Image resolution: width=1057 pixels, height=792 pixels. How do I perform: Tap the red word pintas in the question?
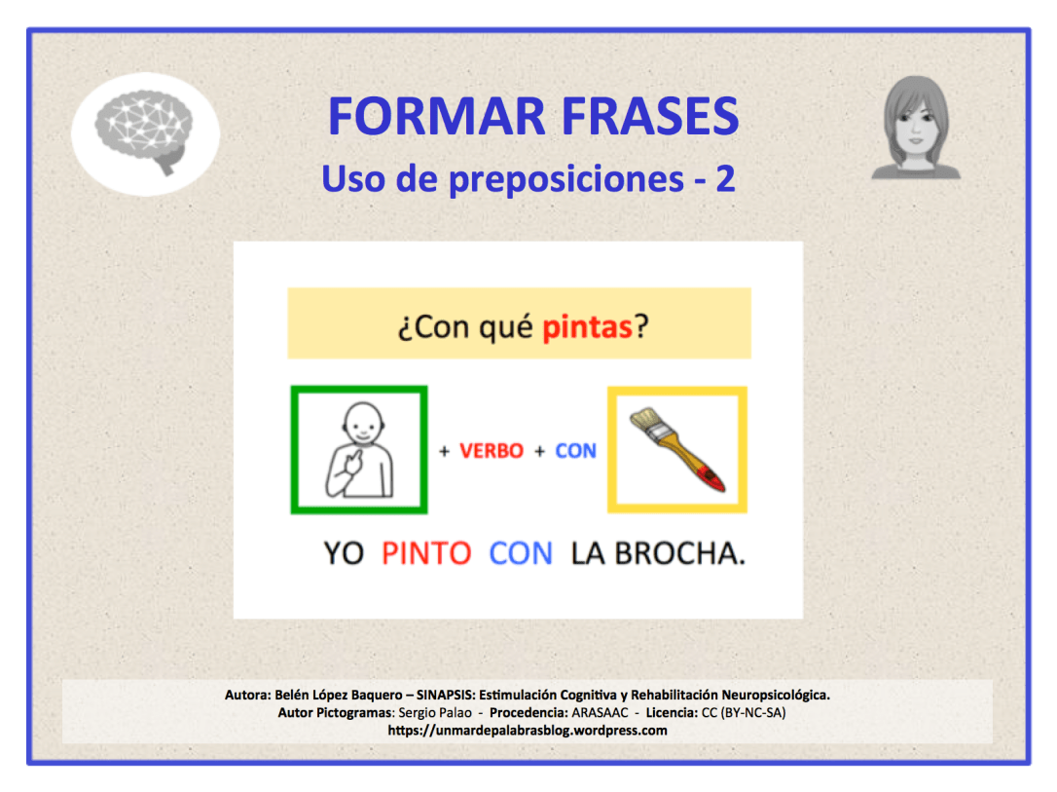(588, 326)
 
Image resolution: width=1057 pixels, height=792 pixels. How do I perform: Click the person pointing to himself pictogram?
(358, 450)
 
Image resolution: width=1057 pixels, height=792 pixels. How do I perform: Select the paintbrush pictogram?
(677, 450)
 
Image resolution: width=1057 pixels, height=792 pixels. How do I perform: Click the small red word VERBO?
(492, 451)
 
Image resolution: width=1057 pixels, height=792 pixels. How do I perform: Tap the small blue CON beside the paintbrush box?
(575, 451)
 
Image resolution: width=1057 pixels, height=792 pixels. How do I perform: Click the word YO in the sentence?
(344, 553)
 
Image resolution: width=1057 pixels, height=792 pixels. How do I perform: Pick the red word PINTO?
(426, 553)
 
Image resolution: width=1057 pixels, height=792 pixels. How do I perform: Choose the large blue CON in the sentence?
(521, 553)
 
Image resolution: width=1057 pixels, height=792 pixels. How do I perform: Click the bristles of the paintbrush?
(644, 425)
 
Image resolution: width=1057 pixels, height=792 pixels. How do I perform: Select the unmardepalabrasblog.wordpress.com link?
(528, 730)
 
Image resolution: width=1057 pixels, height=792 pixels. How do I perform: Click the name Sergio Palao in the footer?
(435, 712)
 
